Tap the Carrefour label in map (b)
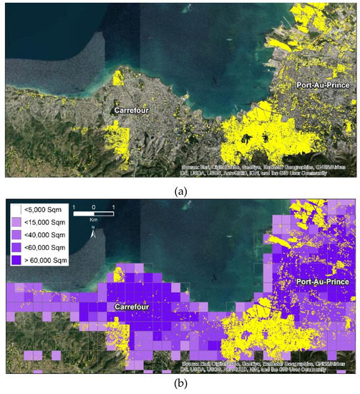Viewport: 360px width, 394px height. (129, 307)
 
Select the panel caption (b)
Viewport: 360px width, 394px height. (179, 384)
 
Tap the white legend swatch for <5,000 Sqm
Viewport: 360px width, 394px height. (16, 210)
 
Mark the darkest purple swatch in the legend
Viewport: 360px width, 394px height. (16, 261)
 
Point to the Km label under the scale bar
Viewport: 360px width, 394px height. (92, 219)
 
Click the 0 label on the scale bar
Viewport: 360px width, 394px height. (93, 206)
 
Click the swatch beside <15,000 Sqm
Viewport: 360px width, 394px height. (16, 223)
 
